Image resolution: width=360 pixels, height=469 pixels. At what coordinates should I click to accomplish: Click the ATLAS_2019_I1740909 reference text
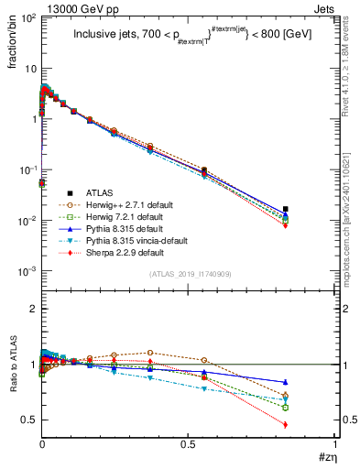tap(190, 275)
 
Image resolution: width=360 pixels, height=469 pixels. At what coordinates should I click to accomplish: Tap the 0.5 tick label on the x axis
tap(189, 443)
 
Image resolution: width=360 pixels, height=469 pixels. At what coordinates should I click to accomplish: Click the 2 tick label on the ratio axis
tap(31, 310)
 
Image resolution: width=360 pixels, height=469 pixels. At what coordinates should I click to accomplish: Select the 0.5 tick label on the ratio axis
tap(27, 420)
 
